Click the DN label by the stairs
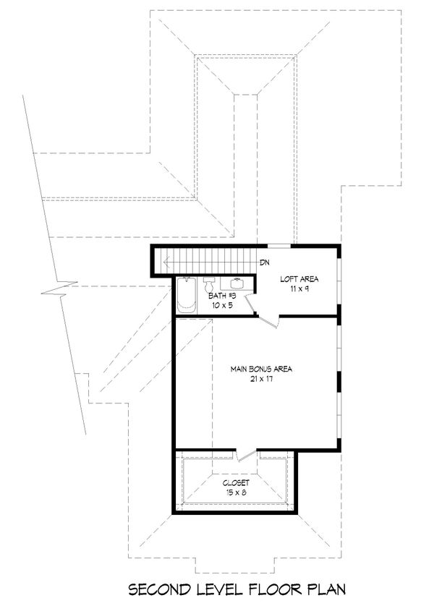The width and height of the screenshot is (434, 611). pos(265,262)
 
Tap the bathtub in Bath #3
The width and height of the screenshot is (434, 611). pos(187,296)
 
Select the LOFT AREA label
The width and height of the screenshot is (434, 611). pos(299,279)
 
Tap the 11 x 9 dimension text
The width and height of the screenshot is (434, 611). pos(299,289)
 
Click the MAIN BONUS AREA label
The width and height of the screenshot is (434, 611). pos(260,369)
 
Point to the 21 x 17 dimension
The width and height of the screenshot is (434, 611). pos(260,380)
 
